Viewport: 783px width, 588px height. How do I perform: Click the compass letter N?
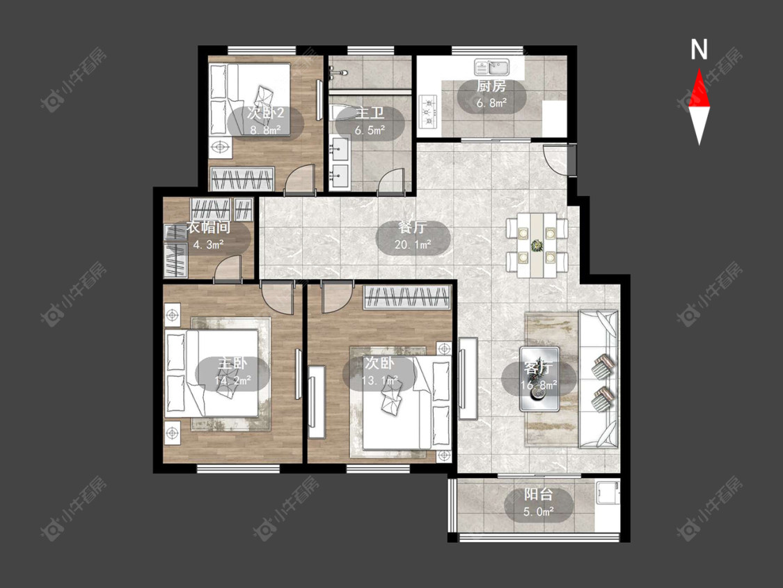click(x=699, y=49)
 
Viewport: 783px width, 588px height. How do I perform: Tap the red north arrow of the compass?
click(x=699, y=88)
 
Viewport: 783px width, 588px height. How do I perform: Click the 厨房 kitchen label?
click(x=491, y=86)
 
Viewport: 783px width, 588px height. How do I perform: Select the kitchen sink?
click(x=491, y=67)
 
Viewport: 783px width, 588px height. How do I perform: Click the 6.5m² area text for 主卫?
click(x=370, y=130)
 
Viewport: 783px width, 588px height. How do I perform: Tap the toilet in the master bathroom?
click(x=342, y=112)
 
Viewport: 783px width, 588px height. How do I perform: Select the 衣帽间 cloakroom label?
click(x=208, y=228)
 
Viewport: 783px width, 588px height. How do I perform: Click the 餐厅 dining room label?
click(x=413, y=228)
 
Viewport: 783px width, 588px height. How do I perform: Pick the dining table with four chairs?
click(x=537, y=245)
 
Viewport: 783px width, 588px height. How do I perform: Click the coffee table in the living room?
click(x=539, y=378)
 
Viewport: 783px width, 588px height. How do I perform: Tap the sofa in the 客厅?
click(x=599, y=378)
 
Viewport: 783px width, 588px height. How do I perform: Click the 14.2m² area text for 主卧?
click(x=232, y=382)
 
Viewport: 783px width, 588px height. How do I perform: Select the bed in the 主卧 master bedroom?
click(x=212, y=373)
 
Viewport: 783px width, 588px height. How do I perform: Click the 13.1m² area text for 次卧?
click(x=379, y=381)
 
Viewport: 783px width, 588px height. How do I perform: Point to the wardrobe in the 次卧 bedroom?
click(x=406, y=297)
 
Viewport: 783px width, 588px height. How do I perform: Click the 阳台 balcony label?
click(x=538, y=495)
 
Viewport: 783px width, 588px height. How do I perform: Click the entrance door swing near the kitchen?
click(x=555, y=159)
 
